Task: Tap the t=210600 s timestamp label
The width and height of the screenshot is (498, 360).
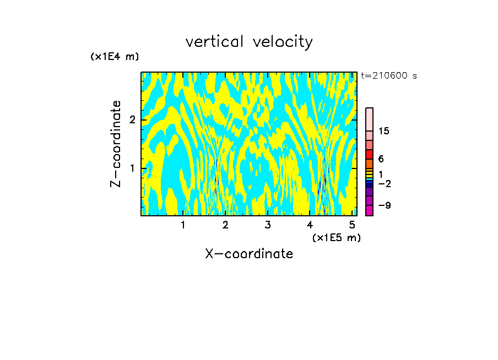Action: pos(388,76)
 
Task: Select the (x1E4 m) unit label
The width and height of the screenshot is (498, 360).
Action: pos(115,57)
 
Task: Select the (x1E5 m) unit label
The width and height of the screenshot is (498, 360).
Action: pos(336,237)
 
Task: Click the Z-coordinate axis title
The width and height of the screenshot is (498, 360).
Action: pos(116,144)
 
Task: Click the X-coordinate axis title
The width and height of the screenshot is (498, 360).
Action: pos(249,254)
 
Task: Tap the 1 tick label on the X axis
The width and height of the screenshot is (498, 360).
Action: pos(183,225)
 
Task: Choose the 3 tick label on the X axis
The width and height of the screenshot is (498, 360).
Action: pos(268,225)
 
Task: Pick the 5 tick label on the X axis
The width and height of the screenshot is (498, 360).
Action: pos(351,225)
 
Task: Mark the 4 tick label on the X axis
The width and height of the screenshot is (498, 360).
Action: pos(310,225)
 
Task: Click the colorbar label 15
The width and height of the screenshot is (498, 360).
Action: pos(383,131)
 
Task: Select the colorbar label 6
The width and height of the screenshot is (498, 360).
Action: pos(381,159)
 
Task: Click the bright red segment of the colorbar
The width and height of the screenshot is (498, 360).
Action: pos(370,155)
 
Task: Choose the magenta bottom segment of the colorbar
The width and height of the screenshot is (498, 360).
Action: pos(370,210)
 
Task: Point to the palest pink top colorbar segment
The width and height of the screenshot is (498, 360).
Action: pos(370,119)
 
